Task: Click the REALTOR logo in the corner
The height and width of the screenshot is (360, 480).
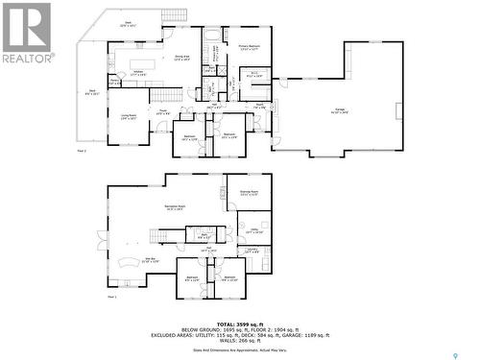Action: [28, 33]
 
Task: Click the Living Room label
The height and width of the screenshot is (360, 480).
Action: [129, 117]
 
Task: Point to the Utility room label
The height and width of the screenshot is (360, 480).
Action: [254, 231]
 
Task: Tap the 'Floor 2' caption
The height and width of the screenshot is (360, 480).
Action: [81, 151]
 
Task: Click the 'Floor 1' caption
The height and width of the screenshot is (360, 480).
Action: [111, 297]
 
